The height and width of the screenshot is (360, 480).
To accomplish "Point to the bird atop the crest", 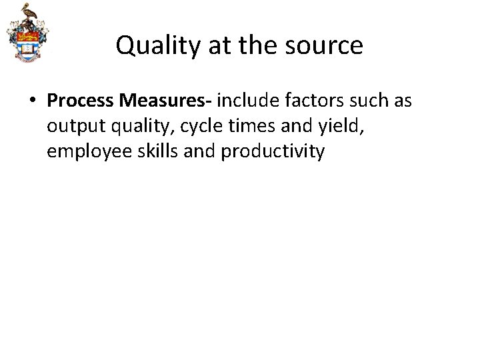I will [27, 12].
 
